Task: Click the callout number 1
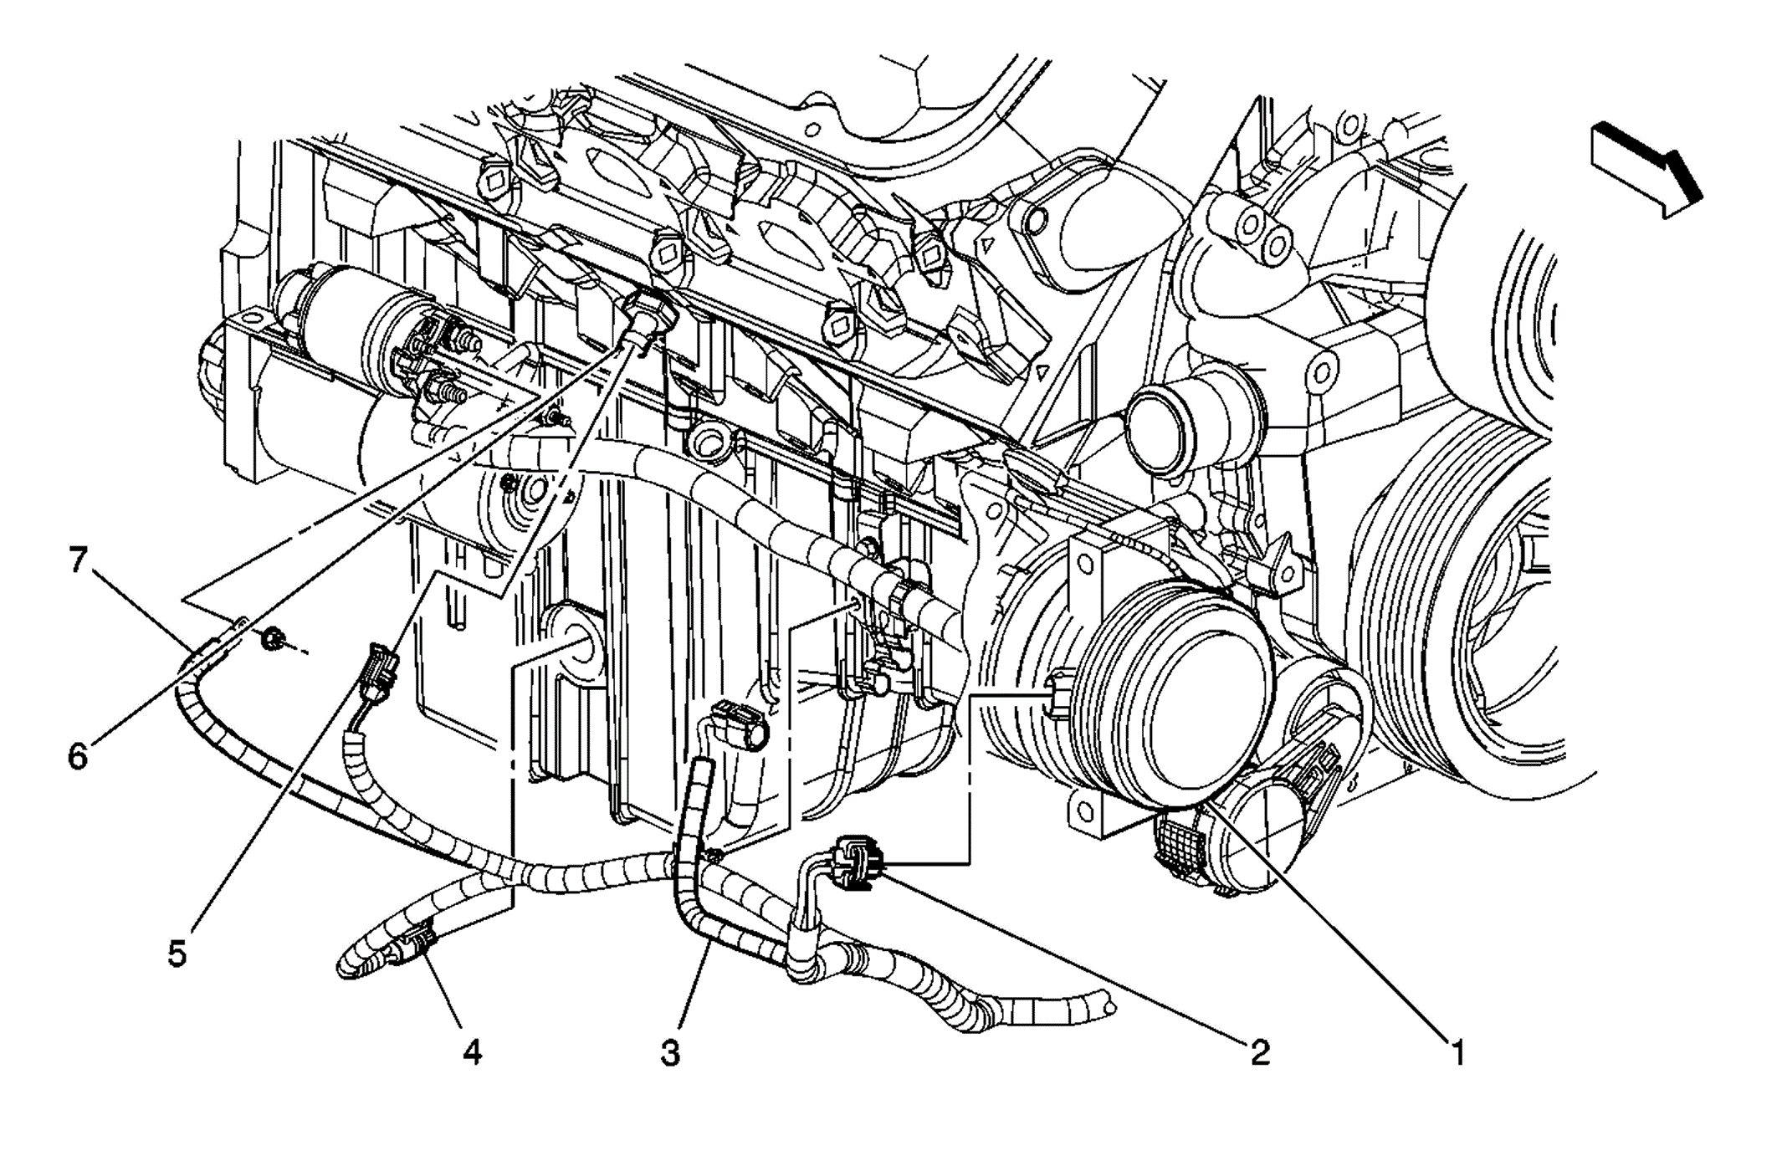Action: [1457, 1051]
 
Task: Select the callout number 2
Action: [1259, 1051]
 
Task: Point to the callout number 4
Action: [473, 1052]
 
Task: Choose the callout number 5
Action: [177, 954]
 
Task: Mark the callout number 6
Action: [78, 757]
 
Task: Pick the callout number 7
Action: [78, 560]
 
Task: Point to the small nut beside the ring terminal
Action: [273, 641]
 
